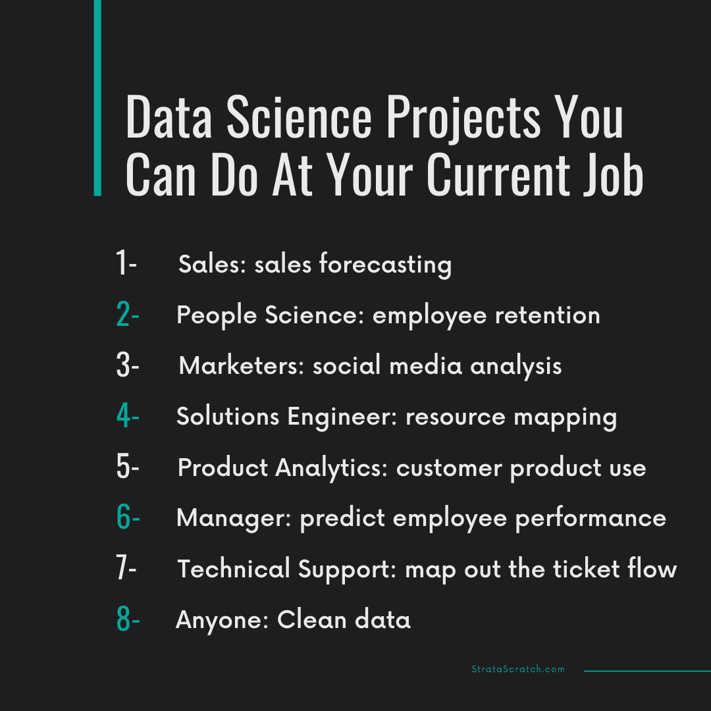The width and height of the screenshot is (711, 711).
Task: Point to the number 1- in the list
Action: pyautogui.click(x=126, y=264)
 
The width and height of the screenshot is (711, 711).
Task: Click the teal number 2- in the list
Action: pyautogui.click(x=127, y=315)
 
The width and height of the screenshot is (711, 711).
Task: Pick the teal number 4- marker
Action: pyautogui.click(x=127, y=417)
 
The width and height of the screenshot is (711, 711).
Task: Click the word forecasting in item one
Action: pyautogui.click(x=386, y=264)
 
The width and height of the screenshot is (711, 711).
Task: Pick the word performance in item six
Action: pyautogui.click(x=591, y=518)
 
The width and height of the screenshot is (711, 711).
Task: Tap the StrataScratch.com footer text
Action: pyautogui.click(x=518, y=670)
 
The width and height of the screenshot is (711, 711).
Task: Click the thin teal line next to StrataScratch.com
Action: pyautogui.click(x=647, y=671)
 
